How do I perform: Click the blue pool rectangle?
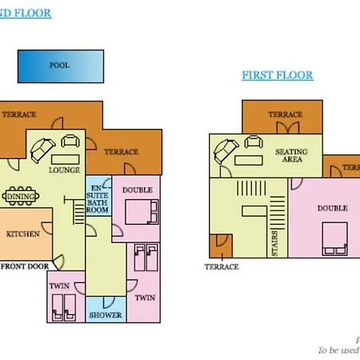(x=60, y=66)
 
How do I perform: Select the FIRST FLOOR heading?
(x=278, y=76)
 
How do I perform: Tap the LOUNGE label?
(x=64, y=170)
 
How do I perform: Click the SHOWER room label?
(x=106, y=315)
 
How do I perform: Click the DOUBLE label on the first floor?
(x=332, y=208)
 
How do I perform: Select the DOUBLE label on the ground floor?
(x=138, y=190)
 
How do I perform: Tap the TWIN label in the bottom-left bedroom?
(x=58, y=286)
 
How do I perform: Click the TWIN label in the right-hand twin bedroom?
(x=144, y=298)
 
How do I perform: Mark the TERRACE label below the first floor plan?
(x=222, y=266)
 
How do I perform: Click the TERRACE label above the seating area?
(x=285, y=114)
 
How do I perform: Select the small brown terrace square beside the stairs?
(x=218, y=246)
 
